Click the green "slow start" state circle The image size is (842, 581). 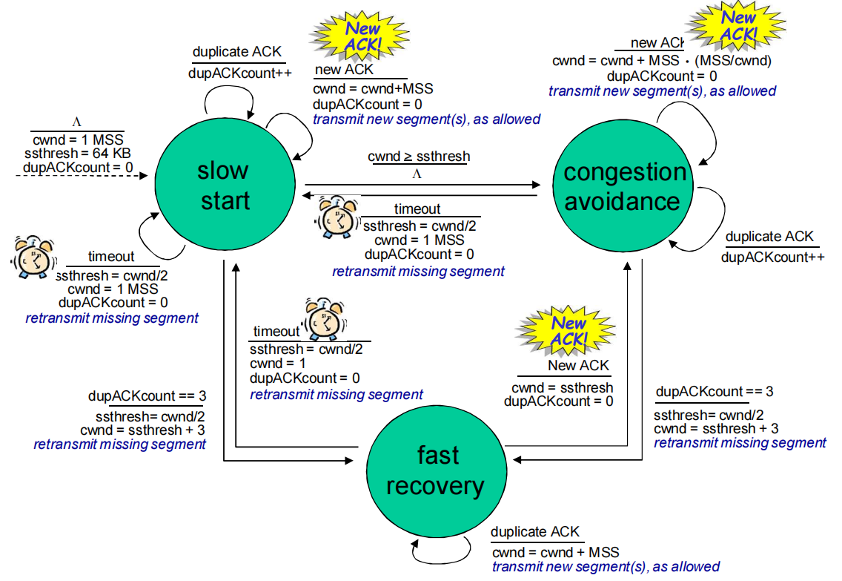[x=223, y=185]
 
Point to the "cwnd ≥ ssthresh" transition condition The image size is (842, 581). [x=419, y=157]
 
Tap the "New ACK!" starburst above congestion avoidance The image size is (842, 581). [x=739, y=25]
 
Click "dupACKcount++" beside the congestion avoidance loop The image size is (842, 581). [x=772, y=257]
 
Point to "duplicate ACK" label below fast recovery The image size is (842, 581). [x=535, y=533]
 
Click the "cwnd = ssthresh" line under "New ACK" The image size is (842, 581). [x=562, y=387]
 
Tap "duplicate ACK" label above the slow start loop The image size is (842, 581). [x=238, y=52]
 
